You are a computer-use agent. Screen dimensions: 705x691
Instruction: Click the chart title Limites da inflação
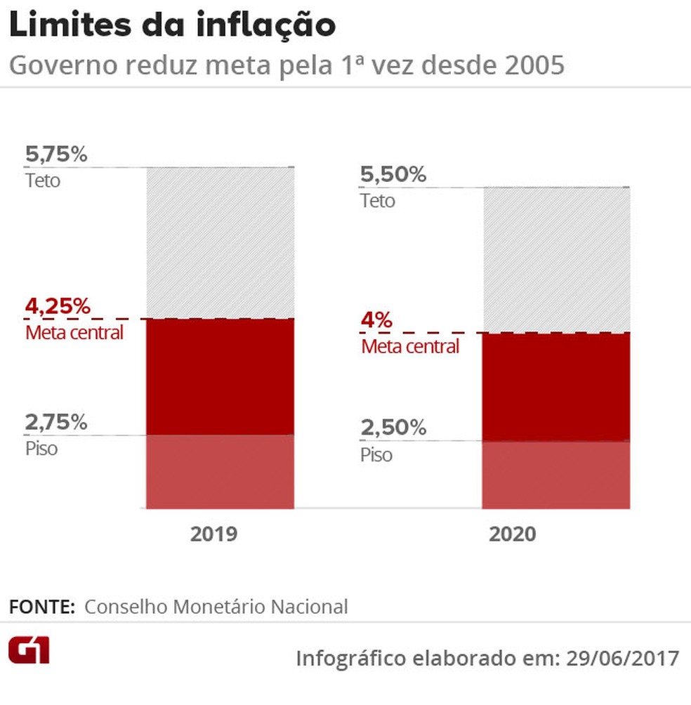pyautogui.click(x=172, y=27)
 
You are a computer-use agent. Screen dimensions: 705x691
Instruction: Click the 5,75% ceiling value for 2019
pyautogui.click(x=56, y=154)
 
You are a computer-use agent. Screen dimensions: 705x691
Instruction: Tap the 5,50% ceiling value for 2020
pyautogui.click(x=393, y=175)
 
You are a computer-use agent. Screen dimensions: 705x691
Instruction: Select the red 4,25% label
pyautogui.click(x=58, y=307)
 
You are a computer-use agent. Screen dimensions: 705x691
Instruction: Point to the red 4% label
pyautogui.click(x=376, y=321)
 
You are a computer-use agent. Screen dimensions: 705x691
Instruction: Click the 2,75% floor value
pyautogui.click(x=56, y=423)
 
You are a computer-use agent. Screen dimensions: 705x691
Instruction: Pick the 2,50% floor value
pyautogui.click(x=393, y=428)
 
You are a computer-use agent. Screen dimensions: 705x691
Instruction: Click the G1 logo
pyautogui.click(x=29, y=651)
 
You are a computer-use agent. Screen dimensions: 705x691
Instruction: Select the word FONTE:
pyautogui.click(x=41, y=607)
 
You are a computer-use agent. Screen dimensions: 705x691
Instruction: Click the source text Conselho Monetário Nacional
pyautogui.click(x=216, y=607)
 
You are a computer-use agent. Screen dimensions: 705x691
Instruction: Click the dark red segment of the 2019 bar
pyautogui.click(x=220, y=376)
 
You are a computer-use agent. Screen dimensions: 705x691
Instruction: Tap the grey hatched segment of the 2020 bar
pyautogui.click(x=555, y=260)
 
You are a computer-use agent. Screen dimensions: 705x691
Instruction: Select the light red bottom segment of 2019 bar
pyautogui.click(x=220, y=471)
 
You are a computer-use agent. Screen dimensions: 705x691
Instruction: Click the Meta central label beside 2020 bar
pyautogui.click(x=410, y=346)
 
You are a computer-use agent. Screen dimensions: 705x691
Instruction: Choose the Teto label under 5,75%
pyautogui.click(x=43, y=180)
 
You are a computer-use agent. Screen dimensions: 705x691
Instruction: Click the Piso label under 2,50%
pyautogui.click(x=376, y=455)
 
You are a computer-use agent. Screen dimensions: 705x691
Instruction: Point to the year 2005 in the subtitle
pyautogui.click(x=534, y=65)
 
